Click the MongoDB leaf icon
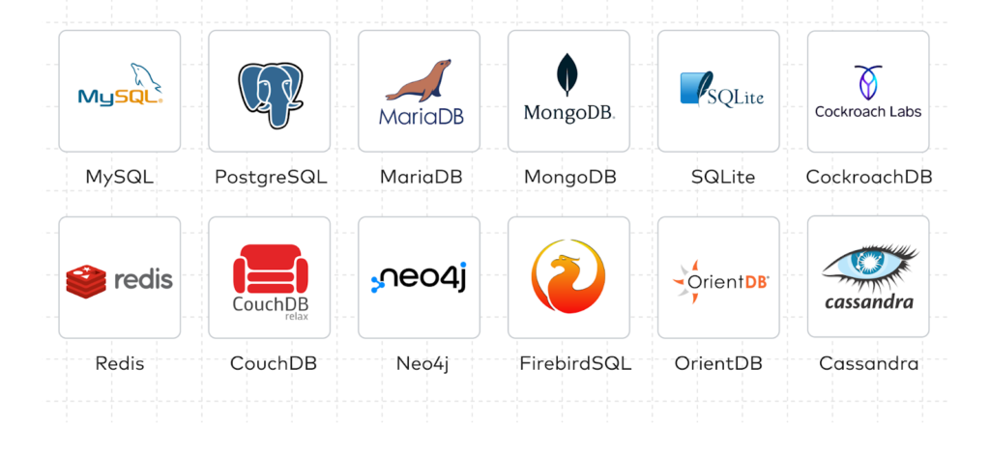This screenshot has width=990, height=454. point(568,74)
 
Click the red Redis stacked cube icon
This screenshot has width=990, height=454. point(85,280)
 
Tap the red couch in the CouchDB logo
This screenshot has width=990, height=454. point(269,268)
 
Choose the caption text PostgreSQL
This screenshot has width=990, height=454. point(270,178)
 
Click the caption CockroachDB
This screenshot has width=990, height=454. point(868,178)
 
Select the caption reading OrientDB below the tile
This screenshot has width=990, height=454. point(718,364)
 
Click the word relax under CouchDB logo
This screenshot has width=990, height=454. point(296,316)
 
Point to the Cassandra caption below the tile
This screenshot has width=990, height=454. point(868,364)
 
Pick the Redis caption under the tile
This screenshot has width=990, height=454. point(119,364)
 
